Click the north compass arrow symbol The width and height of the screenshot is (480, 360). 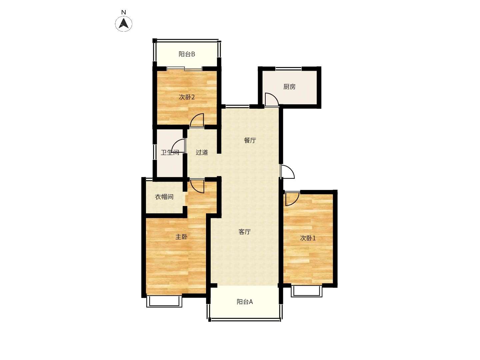(124, 23)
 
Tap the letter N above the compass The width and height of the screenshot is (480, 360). (124, 12)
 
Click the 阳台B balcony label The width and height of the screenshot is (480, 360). (187, 54)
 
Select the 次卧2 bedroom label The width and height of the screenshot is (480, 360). (187, 97)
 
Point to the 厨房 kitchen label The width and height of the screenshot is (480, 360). (289, 87)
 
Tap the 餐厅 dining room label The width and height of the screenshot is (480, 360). (250, 140)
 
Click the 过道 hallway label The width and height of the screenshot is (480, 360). (202, 152)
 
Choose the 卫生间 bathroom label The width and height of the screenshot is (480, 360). (170, 152)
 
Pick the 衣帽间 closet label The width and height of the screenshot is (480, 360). (164, 197)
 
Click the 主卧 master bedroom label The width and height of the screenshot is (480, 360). (182, 237)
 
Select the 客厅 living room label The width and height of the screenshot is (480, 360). (244, 232)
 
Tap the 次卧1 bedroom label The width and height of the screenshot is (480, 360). (308, 238)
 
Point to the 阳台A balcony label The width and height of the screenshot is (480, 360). (245, 302)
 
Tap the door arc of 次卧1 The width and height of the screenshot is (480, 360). (296, 202)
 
